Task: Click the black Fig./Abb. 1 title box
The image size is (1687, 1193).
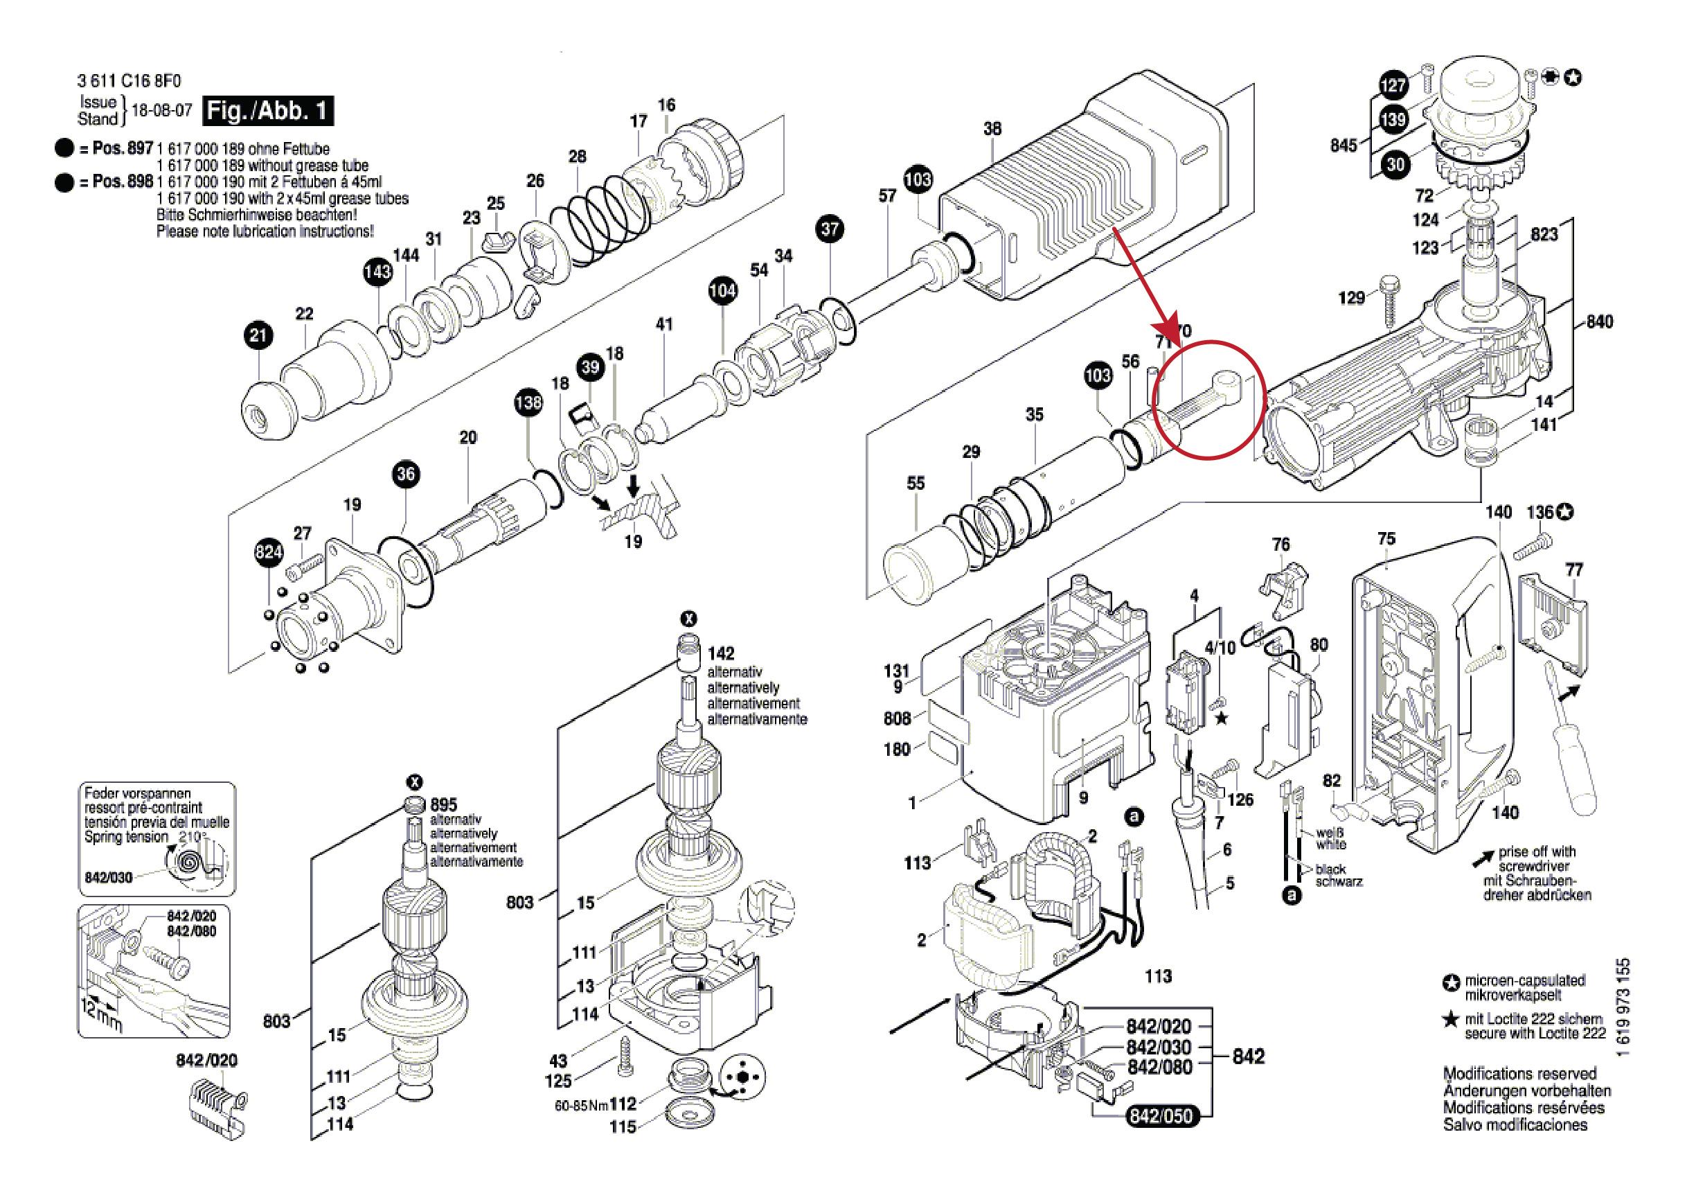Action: click(267, 111)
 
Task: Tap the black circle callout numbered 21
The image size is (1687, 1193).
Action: click(258, 336)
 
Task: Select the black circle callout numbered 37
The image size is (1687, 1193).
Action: click(830, 229)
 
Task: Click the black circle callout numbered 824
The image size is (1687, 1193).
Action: click(268, 552)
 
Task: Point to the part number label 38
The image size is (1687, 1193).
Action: click(992, 129)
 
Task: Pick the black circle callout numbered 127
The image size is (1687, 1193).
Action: click(1393, 85)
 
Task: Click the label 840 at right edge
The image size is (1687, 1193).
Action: click(1599, 322)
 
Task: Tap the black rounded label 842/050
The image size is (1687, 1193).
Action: click(1160, 1116)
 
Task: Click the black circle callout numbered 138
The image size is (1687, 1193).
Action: click(528, 403)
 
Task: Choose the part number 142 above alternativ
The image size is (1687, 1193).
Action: click(720, 653)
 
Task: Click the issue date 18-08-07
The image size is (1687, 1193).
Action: click(161, 111)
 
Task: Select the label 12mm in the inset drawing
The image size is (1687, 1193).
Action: click(100, 1015)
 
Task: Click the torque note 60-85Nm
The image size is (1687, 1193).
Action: click(580, 1106)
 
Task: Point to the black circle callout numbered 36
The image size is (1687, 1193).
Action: click(406, 474)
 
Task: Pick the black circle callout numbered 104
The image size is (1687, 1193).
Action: click(722, 290)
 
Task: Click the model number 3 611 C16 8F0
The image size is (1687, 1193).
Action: click(129, 81)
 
